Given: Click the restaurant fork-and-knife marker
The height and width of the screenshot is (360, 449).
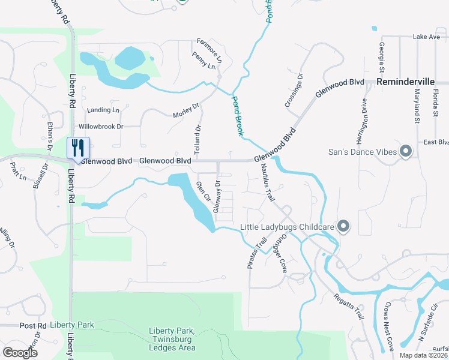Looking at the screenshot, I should click(x=78, y=148).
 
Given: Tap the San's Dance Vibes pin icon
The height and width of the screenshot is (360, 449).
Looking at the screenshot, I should click(x=405, y=151).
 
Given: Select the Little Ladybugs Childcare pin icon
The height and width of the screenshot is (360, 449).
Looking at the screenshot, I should click(x=343, y=226).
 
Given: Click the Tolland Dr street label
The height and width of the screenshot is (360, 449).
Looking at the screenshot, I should click(x=198, y=137).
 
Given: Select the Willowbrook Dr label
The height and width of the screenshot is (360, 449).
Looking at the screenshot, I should click(x=100, y=127).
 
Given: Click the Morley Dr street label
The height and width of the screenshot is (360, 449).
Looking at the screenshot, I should click(x=185, y=111).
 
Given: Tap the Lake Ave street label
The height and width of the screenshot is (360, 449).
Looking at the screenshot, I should click(x=426, y=37).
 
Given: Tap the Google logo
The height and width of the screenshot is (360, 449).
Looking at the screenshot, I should click(x=20, y=353).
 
